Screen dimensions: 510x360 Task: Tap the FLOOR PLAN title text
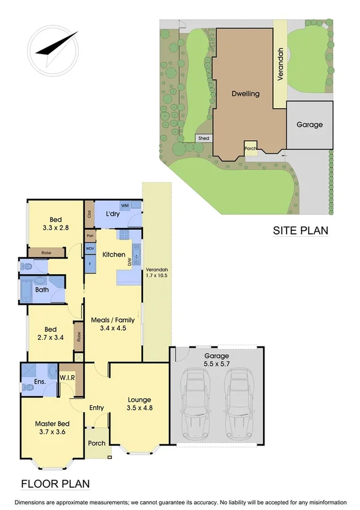(x=55, y=483)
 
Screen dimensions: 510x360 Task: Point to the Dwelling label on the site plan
(x=246, y=94)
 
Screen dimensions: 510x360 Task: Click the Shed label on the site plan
(x=204, y=138)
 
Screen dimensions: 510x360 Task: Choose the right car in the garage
(x=238, y=402)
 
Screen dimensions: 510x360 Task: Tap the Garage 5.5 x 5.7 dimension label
(x=216, y=360)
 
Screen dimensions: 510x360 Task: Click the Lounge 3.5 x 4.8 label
(x=139, y=404)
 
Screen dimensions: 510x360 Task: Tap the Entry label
(x=96, y=408)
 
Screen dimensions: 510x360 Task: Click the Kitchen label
(x=114, y=255)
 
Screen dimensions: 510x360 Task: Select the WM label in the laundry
(x=124, y=206)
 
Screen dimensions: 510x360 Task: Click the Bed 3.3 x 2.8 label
(x=55, y=224)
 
